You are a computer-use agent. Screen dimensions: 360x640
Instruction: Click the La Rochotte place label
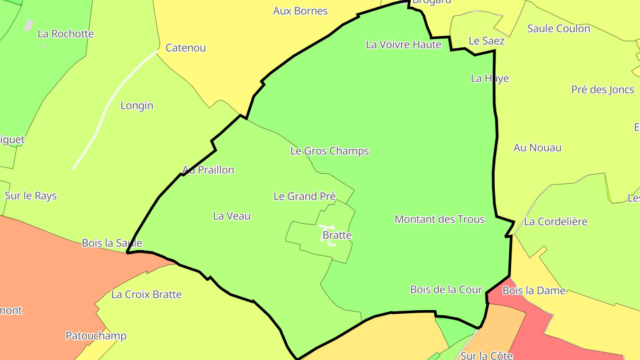click(x=66, y=34)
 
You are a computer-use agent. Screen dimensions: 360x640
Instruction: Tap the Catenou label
click(x=185, y=48)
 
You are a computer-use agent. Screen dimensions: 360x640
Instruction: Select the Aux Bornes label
click(x=300, y=11)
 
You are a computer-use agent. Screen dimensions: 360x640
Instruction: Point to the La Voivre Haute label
click(x=404, y=44)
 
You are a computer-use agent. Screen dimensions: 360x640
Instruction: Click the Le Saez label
click(x=486, y=41)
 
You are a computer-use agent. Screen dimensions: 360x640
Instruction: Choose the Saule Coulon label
click(x=558, y=28)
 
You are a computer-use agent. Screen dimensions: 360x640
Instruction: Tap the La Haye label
click(x=489, y=79)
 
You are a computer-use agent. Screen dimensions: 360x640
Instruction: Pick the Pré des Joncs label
click(x=602, y=90)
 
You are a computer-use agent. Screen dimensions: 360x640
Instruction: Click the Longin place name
click(x=137, y=106)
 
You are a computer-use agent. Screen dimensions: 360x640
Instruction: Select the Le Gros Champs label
click(x=329, y=151)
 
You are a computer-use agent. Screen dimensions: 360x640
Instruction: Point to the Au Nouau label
click(x=537, y=148)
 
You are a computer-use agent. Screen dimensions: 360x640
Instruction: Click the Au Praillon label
click(x=208, y=170)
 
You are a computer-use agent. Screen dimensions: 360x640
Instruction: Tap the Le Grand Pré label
click(x=304, y=196)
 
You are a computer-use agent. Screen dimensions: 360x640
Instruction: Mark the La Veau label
click(x=232, y=216)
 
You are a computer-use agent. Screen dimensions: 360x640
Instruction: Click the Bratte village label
click(x=337, y=235)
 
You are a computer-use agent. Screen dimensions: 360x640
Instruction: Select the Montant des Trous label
click(x=439, y=219)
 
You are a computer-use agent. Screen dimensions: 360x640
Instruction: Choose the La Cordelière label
click(x=556, y=222)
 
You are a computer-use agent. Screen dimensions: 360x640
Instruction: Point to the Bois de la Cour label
click(x=446, y=290)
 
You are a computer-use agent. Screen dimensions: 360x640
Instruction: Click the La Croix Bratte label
click(x=146, y=295)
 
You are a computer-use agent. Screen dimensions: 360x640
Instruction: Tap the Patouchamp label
click(x=96, y=336)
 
